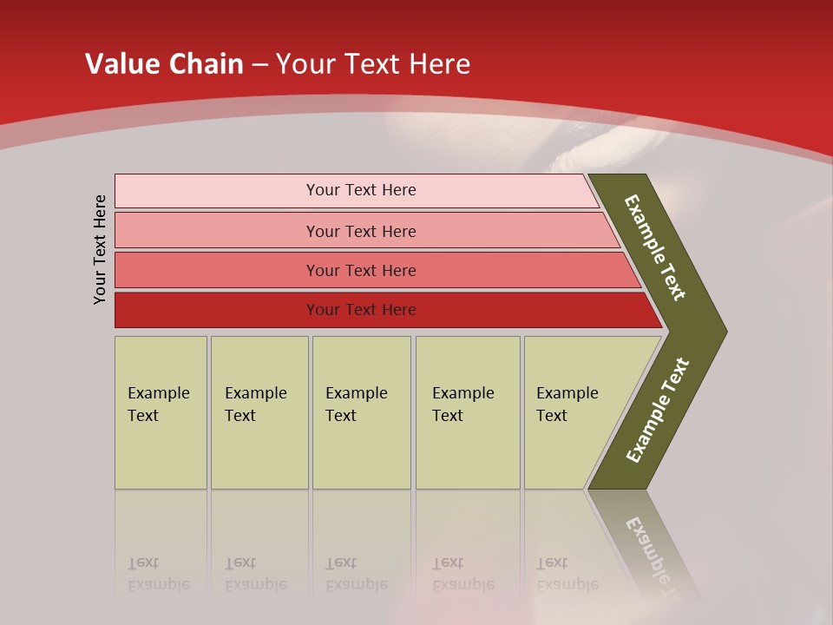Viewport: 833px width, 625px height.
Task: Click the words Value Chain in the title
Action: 164,64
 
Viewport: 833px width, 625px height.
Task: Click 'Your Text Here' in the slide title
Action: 373,64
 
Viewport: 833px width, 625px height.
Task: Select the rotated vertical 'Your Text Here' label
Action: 100,249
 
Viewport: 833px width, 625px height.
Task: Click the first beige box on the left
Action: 161,412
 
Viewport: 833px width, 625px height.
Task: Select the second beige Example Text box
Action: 259,412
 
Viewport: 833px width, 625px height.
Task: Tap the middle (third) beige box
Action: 361,412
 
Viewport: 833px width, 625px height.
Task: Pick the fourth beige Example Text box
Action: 468,412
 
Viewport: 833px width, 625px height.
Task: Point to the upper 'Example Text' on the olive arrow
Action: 655,247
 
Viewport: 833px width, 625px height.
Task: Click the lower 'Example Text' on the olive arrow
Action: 658,410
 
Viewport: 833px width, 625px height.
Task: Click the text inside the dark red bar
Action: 361,310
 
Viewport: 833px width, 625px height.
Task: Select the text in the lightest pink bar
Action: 361,190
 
